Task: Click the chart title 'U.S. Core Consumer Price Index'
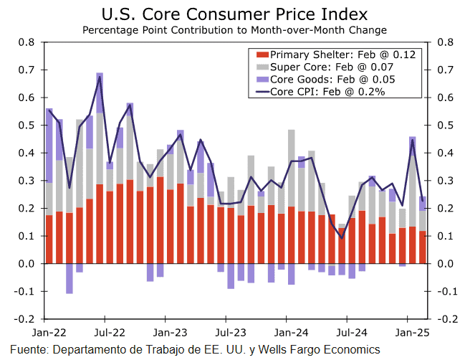click(x=234, y=14)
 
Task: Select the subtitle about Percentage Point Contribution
click(x=234, y=30)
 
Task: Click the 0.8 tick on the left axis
click(x=27, y=42)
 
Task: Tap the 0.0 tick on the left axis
click(x=27, y=264)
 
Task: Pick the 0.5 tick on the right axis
click(x=442, y=125)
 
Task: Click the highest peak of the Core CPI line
click(x=100, y=77)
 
